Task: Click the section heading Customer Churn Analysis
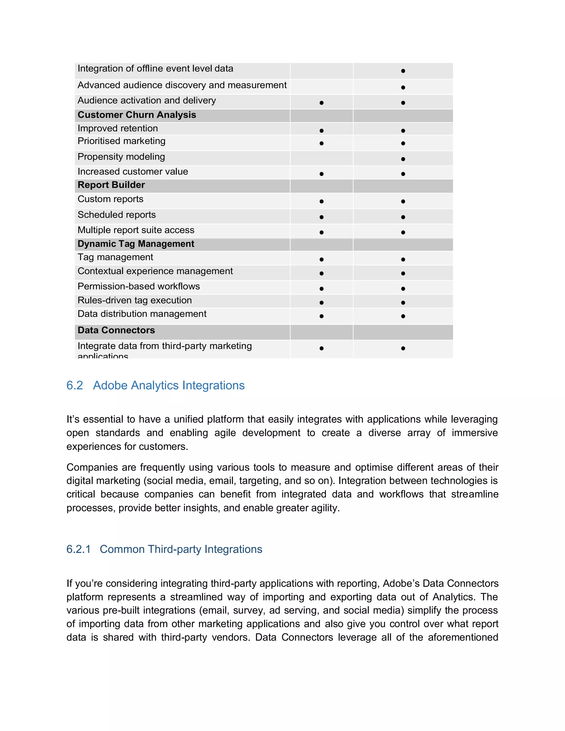coord(137,115)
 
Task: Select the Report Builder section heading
coord(111,185)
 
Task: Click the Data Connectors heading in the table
coord(116,330)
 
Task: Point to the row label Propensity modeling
coord(121,157)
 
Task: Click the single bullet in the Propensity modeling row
coord(403,159)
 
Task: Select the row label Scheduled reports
coord(116,215)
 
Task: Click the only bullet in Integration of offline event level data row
coord(403,71)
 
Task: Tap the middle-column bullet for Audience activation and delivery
coord(321,103)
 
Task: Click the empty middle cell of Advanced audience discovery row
coord(321,87)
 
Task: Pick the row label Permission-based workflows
coord(138,287)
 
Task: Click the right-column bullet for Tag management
coord(403,259)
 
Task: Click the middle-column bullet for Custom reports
coord(321,201)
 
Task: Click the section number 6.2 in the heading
coord(74,386)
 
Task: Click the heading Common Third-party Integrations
coord(181,549)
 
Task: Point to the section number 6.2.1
coord(78,549)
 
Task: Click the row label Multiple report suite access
coord(136,230)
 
